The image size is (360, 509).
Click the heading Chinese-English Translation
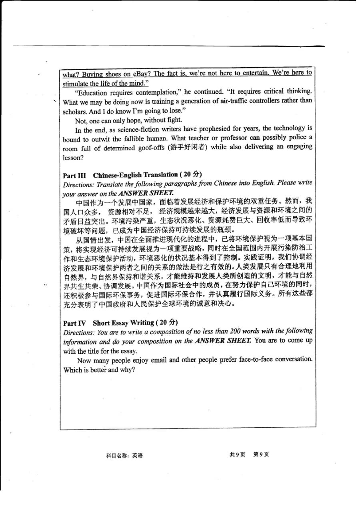[x=135, y=175]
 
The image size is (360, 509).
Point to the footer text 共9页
[x=237, y=455]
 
